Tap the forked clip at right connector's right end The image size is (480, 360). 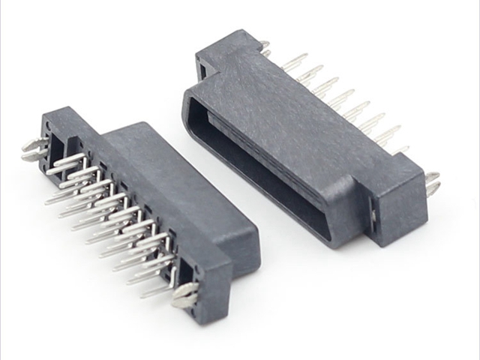coord(433,183)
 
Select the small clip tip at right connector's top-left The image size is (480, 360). coord(264,47)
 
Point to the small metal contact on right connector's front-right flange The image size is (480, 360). coord(373,217)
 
